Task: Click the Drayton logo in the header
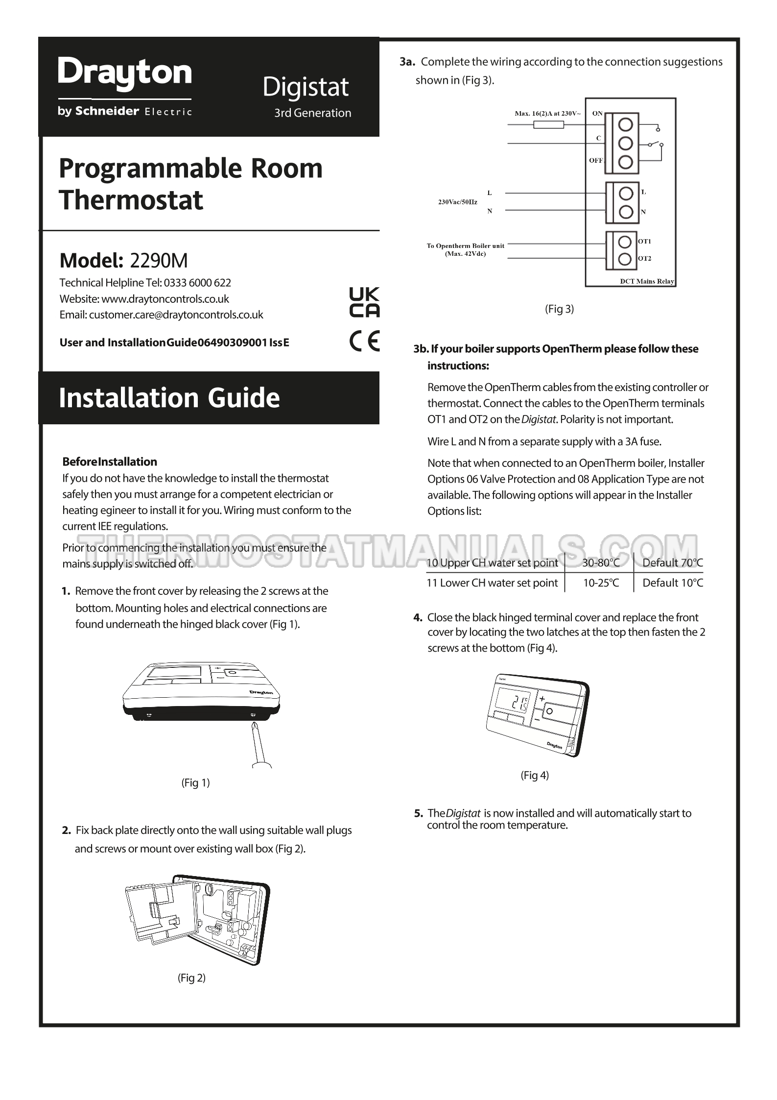coord(125,74)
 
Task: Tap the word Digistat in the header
coord(306,88)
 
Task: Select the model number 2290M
coord(159,261)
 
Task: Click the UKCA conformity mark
coord(364,302)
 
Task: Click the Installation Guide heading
coord(169,397)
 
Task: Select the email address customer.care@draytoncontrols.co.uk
coord(176,315)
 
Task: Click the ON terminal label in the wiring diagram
coord(597,114)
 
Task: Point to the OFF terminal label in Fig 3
coord(596,161)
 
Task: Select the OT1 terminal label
coord(645,242)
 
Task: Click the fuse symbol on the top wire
coord(548,125)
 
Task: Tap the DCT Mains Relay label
coord(647,281)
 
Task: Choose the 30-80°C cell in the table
coord(601,563)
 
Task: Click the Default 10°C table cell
coord(672,583)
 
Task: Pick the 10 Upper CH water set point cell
coord(492,563)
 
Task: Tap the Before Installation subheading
coord(110,462)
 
